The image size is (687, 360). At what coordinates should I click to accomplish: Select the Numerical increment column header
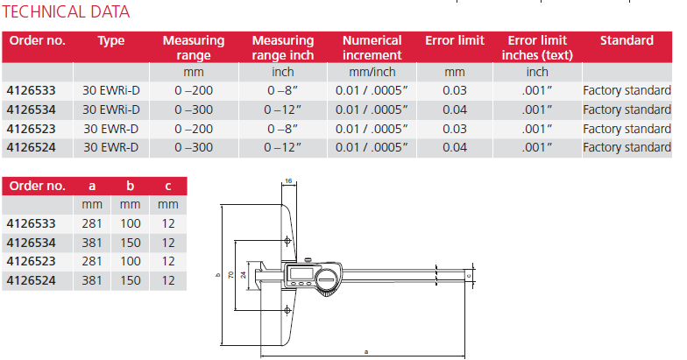(x=372, y=47)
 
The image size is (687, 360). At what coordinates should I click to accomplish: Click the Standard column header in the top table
(x=627, y=40)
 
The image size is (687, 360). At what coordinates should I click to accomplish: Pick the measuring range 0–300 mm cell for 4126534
(x=194, y=109)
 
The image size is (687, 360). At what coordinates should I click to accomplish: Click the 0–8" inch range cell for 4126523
(x=282, y=129)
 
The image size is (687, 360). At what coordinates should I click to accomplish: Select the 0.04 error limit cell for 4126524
(x=454, y=147)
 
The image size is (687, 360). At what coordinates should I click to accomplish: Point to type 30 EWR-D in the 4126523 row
(x=110, y=129)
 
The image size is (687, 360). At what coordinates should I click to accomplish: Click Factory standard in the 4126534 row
(x=627, y=109)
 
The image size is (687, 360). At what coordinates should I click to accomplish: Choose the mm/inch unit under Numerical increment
(x=372, y=72)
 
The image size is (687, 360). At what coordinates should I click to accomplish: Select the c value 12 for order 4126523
(x=168, y=261)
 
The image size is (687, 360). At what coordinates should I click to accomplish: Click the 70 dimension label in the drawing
(x=230, y=275)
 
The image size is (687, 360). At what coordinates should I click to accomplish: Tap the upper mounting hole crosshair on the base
(x=288, y=242)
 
